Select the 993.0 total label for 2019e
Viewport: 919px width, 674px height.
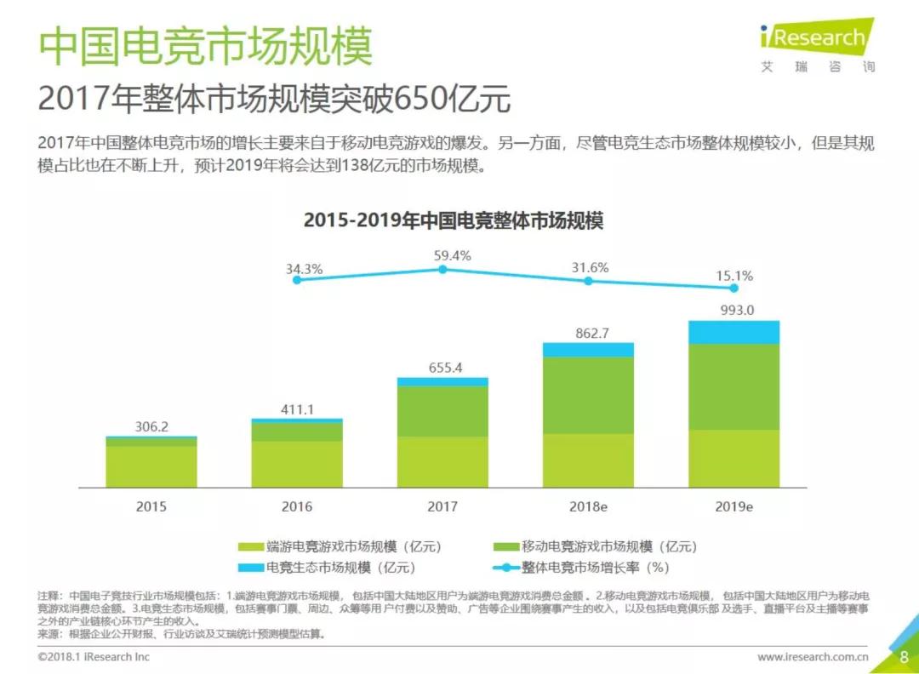click(734, 310)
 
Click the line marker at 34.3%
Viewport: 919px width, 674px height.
click(296, 279)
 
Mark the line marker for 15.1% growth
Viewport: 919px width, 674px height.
click(733, 288)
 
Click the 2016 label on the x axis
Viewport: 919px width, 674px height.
click(297, 506)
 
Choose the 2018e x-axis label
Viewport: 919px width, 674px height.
click(588, 506)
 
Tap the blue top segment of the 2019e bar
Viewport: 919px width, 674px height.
click(733, 332)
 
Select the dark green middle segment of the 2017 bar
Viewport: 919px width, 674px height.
click(442, 412)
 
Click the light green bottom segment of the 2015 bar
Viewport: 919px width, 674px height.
click(151, 466)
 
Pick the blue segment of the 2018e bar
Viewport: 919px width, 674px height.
click(588, 350)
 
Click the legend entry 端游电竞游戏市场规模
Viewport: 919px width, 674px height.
click(340, 546)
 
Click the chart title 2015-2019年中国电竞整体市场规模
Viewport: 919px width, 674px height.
click(454, 220)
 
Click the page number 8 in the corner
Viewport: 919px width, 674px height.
click(904, 657)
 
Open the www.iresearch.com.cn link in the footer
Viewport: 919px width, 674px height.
click(813, 657)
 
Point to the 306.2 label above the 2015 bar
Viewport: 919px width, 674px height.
click(151, 426)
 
